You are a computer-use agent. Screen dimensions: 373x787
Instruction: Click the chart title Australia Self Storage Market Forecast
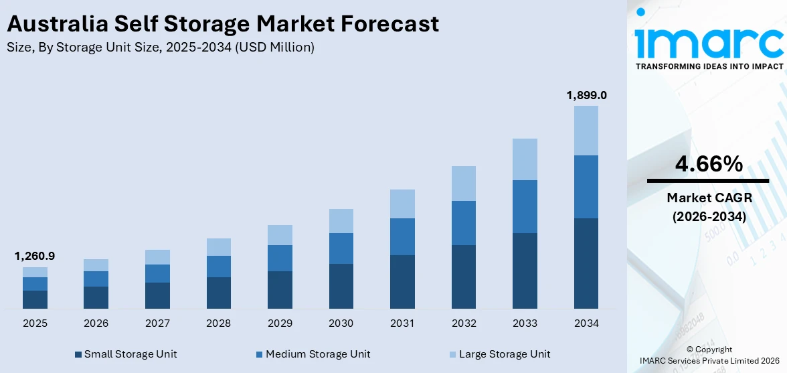223,24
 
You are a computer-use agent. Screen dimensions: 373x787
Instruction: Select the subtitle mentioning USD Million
161,48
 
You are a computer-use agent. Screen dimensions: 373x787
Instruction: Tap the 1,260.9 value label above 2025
35,256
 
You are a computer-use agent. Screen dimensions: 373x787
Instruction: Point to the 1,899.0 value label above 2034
586,95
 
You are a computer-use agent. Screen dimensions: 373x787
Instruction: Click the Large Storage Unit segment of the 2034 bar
586,131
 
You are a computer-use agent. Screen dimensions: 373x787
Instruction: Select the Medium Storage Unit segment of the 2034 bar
586,187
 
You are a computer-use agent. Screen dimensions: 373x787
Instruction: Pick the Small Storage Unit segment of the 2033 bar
525,271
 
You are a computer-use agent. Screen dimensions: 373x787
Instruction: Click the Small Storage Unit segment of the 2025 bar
35,299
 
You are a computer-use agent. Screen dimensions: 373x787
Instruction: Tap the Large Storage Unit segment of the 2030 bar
341,221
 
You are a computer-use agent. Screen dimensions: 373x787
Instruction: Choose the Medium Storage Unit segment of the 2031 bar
402,236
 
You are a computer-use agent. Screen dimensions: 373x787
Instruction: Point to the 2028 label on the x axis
218,323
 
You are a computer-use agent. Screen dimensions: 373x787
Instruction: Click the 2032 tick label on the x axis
464,323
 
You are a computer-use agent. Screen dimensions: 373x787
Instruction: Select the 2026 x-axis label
96,323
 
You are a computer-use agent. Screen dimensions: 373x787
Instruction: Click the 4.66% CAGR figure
708,163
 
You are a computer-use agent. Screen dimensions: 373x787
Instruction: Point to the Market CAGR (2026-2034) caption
708,207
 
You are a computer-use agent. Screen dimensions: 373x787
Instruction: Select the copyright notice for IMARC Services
709,355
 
